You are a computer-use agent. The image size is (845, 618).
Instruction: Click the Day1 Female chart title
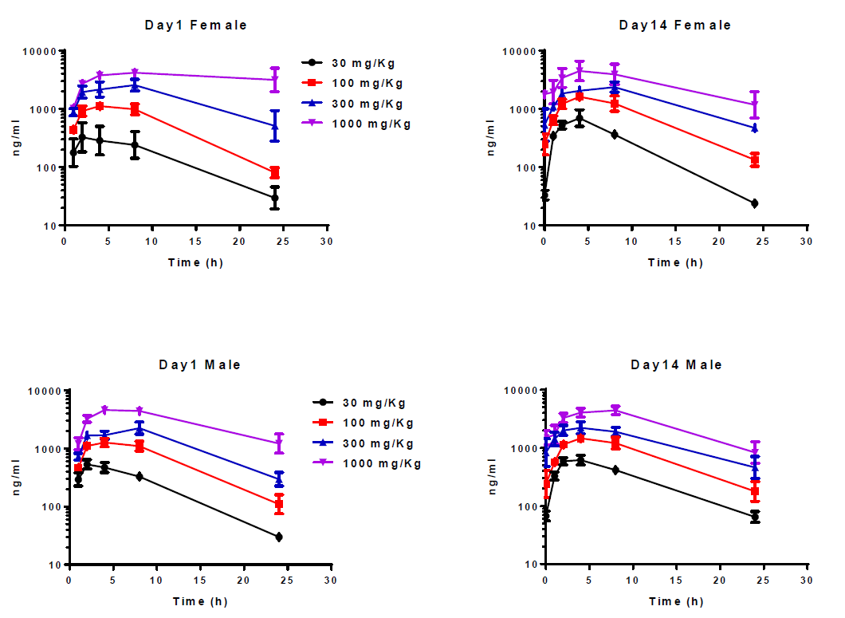point(196,25)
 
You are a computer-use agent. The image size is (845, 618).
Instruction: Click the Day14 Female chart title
point(674,25)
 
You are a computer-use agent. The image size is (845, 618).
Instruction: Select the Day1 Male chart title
point(199,364)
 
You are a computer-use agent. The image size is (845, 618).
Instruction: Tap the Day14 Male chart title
point(676,364)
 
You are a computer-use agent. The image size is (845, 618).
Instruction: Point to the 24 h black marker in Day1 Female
point(275,198)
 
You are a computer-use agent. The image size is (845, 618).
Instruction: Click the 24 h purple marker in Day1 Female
point(275,80)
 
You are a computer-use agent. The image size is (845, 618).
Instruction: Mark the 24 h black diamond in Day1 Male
point(279,537)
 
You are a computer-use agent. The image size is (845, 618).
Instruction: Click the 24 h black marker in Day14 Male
point(755,517)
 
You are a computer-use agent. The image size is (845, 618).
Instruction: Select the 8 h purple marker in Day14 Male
point(615,410)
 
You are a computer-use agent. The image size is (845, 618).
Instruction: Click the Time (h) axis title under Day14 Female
point(675,262)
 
